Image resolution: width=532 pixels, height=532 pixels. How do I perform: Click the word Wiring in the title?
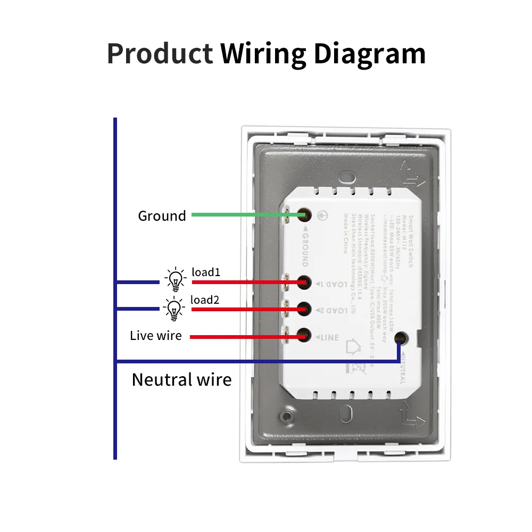263,54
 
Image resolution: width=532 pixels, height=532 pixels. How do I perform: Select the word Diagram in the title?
369,54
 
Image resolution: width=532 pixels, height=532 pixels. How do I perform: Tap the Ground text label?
162,216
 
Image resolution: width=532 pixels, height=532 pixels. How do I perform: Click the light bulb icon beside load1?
175,279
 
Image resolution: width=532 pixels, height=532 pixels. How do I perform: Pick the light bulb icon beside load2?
174,309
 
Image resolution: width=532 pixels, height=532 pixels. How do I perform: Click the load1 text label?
206,273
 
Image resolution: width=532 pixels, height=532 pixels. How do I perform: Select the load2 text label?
205,300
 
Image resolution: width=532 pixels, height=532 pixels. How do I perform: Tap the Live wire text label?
156,336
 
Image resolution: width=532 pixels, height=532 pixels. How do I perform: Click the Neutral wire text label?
181,380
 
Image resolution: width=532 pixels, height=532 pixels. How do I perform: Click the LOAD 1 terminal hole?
305,282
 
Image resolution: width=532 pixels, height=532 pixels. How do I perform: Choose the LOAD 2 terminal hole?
305,309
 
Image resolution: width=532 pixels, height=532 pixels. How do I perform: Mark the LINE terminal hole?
305,336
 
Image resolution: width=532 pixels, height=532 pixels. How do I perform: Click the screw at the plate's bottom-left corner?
288,415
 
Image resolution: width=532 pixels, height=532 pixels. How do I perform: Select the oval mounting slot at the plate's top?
347,176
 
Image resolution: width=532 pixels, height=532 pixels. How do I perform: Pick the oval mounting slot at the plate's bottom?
347,412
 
